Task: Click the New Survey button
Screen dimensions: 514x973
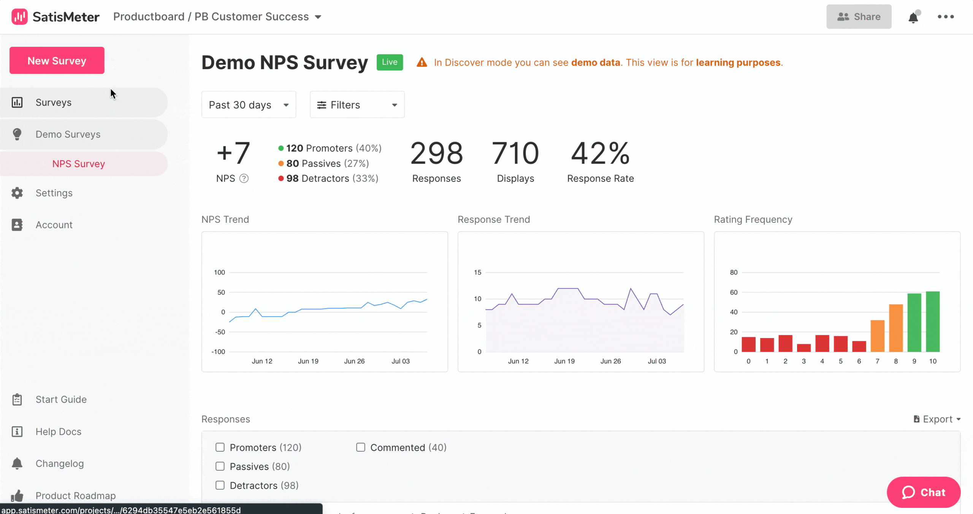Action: coord(57,60)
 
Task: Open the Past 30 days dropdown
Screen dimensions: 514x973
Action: coord(249,105)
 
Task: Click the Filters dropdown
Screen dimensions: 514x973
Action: coord(357,105)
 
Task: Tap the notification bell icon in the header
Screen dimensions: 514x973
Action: coord(913,17)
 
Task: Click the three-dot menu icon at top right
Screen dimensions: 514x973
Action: coord(946,17)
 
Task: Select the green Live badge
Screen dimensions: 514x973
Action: coord(390,62)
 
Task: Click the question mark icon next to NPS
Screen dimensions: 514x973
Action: coord(244,178)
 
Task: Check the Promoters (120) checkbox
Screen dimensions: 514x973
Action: coord(220,447)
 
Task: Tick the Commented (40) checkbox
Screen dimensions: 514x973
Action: coord(361,447)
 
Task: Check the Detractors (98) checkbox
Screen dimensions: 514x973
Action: coord(220,485)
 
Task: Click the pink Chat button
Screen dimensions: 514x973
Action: coord(923,492)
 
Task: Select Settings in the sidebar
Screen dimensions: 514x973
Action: coord(54,193)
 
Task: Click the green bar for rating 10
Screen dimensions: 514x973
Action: coord(933,321)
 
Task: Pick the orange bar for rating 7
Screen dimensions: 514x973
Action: coord(877,336)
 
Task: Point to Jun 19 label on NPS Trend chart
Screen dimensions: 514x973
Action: coord(308,361)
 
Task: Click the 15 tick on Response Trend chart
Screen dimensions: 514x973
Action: coord(477,272)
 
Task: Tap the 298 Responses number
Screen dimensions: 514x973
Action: coord(436,153)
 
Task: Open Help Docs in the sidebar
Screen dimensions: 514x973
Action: coord(58,432)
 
